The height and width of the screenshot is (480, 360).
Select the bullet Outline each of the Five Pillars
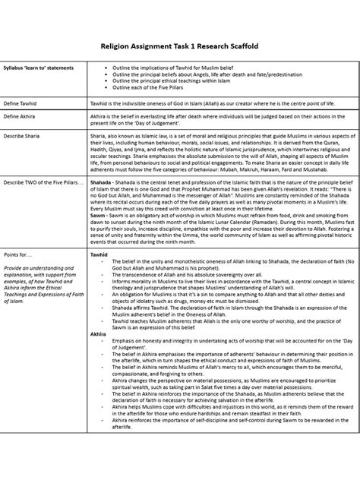point(156,88)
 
